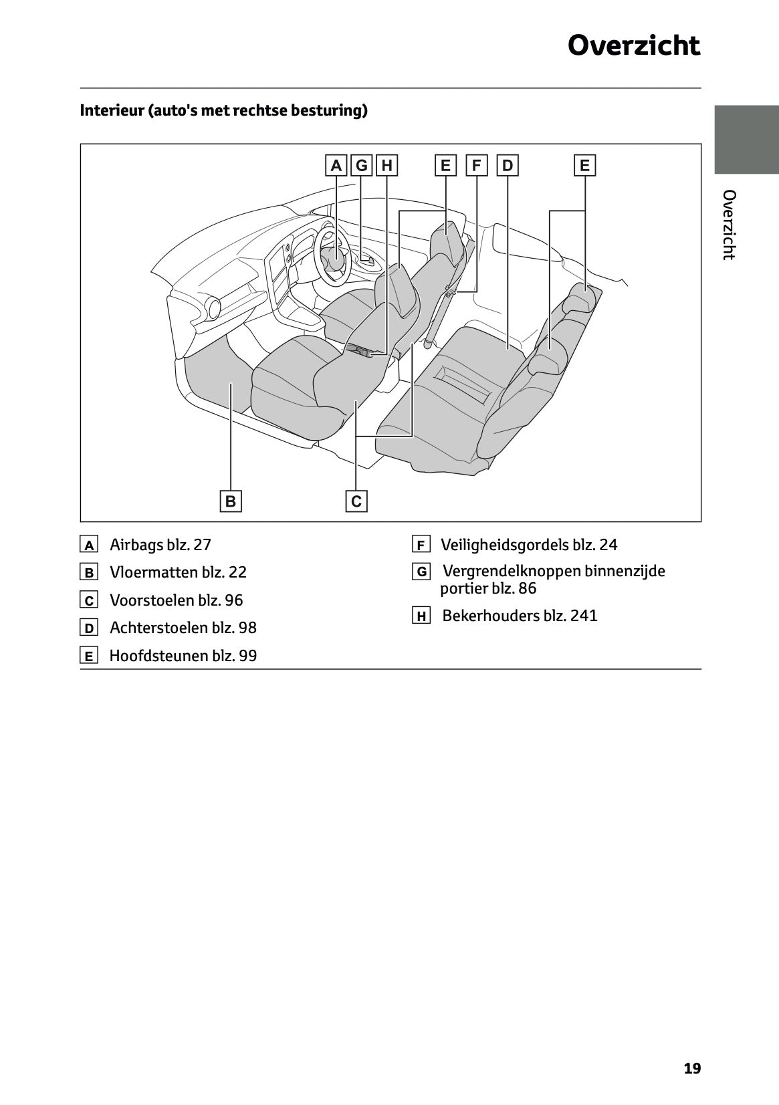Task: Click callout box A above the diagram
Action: point(336,165)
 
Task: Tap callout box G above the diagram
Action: point(362,165)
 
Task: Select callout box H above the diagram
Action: point(386,165)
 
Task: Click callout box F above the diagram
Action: point(477,165)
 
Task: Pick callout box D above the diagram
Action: point(508,165)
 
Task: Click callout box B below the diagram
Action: point(231,501)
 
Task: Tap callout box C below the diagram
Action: point(356,501)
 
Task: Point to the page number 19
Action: point(692,1068)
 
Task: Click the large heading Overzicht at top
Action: point(633,46)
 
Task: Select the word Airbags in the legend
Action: point(136,545)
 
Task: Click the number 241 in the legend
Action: point(584,616)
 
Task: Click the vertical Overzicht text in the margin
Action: point(730,225)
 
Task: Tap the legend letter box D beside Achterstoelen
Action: point(89,628)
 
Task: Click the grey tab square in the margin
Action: point(746,139)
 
